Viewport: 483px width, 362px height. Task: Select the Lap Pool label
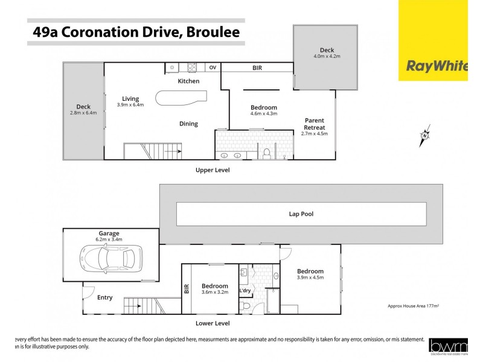(x=301, y=214)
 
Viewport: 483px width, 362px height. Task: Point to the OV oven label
(x=213, y=68)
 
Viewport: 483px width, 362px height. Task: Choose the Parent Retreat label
(x=315, y=124)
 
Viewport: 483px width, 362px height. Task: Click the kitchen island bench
(x=181, y=97)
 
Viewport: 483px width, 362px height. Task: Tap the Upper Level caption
(x=213, y=170)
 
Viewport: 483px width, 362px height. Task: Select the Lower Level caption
(x=213, y=323)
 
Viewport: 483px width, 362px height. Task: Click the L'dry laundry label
(x=245, y=291)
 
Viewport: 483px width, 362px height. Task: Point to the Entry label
(x=105, y=297)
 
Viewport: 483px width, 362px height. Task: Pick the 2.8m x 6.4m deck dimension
(x=83, y=112)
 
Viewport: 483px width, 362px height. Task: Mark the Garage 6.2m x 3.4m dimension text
(x=109, y=240)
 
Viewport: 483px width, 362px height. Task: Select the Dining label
(x=188, y=124)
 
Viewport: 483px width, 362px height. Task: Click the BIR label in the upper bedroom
(x=257, y=68)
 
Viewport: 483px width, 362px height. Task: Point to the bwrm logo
(x=447, y=347)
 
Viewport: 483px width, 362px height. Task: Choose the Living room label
(x=130, y=98)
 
